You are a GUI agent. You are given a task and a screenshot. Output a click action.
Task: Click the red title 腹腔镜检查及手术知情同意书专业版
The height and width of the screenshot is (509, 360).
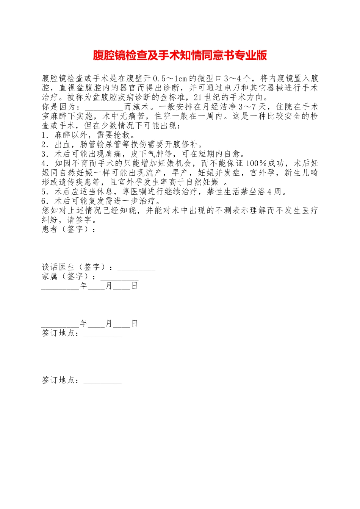coord(180,56)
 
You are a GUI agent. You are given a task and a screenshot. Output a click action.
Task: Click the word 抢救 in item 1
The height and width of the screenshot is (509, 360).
coord(122,135)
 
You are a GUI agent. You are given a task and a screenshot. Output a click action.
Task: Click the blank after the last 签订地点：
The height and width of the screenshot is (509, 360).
coord(102,381)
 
